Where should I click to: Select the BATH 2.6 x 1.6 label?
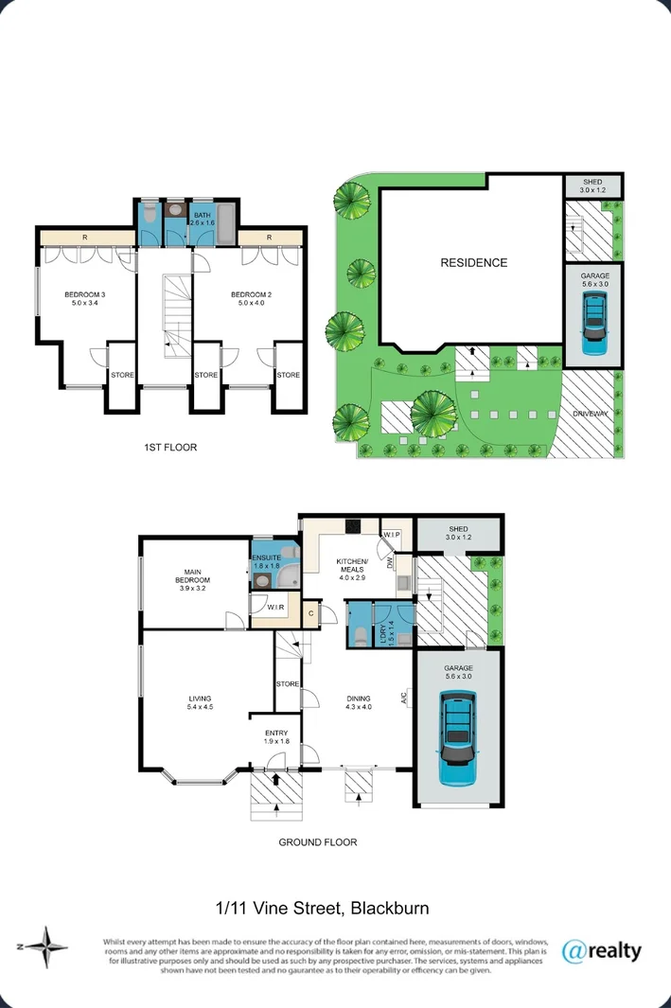pos(203,220)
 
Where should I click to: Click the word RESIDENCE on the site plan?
pos(473,263)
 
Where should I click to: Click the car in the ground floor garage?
pos(458,737)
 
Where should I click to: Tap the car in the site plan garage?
pos(593,323)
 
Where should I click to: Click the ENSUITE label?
pos(266,559)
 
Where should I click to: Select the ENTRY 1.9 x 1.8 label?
pos(275,735)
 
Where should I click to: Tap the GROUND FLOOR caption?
pos(317,841)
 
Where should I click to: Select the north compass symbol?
pos(44,946)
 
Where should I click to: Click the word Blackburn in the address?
pos(390,909)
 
